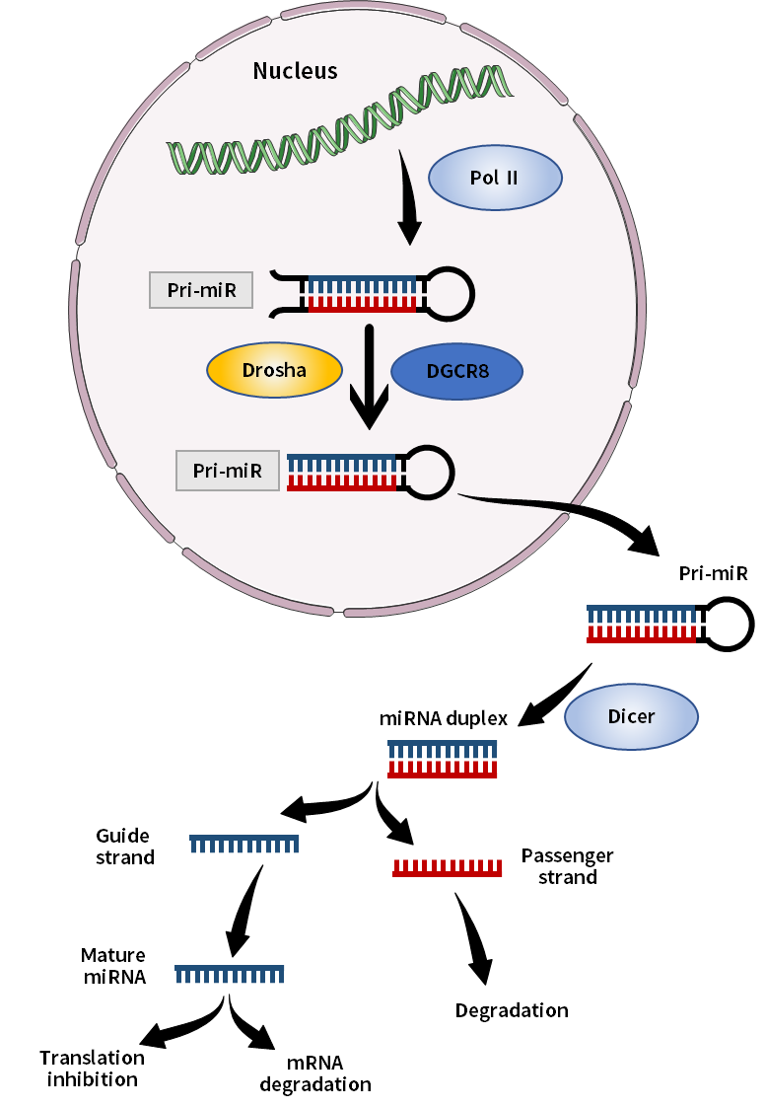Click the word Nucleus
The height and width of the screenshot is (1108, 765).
[x=295, y=71]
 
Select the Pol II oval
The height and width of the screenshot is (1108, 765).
[x=495, y=179]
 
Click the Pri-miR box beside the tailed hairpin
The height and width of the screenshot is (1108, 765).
[x=201, y=290]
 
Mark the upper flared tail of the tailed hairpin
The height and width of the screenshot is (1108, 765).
[x=286, y=275]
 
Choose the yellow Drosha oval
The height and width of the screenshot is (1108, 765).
[x=274, y=371]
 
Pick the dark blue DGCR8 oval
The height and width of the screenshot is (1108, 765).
[x=456, y=372]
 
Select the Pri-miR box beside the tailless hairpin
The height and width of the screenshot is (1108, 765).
[x=228, y=471]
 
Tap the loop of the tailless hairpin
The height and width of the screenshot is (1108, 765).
[x=429, y=473]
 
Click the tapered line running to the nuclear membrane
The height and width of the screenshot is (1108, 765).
[x=518, y=502]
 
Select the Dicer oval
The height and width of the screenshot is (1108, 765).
[x=631, y=716]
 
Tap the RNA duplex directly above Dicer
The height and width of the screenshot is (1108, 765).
[x=641, y=624]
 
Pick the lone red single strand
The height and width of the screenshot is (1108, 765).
[x=448, y=868]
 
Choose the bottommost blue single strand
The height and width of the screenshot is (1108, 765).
[x=230, y=974]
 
